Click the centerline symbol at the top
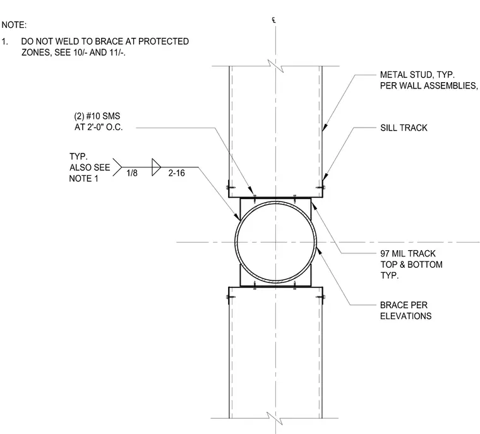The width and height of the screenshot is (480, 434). (273, 20)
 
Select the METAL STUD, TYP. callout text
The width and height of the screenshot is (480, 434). (417, 75)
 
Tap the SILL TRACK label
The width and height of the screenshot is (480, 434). (404, 128)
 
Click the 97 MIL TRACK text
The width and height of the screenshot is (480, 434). (408, 253)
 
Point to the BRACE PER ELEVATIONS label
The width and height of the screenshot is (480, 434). (405, 311)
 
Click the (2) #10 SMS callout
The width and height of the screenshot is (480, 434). (97, 116)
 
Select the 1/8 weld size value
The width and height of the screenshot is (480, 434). (132, 173)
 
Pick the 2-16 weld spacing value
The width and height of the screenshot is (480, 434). (177, 173)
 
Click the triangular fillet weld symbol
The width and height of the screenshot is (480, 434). (156, 167)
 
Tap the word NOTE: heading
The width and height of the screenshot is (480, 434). (14, 25)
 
